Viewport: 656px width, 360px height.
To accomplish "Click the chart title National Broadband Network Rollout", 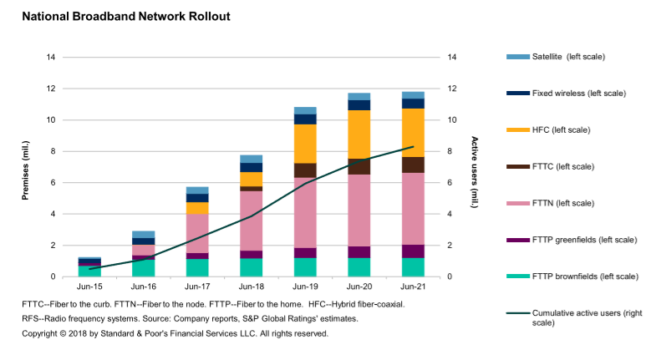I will coord(125,17).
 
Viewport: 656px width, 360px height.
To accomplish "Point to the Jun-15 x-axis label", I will coord(89,285).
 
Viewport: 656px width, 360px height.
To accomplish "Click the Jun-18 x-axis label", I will coord(252,285).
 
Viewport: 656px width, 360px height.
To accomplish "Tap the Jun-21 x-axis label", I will coord(413,285).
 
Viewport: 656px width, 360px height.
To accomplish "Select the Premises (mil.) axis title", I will coord(26,167).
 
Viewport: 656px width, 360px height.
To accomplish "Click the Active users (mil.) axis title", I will coord(474,167).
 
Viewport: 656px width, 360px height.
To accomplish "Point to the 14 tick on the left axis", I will coord(51,58).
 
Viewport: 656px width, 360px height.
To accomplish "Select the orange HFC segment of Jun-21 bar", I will coord(413,133).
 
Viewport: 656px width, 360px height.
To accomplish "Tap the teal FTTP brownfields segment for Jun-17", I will coord(197,267).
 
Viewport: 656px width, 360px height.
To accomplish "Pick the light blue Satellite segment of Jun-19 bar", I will coord(305,110).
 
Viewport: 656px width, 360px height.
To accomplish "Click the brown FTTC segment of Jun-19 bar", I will coord(305,170).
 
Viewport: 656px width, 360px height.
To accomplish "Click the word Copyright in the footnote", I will coord(41,333).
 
